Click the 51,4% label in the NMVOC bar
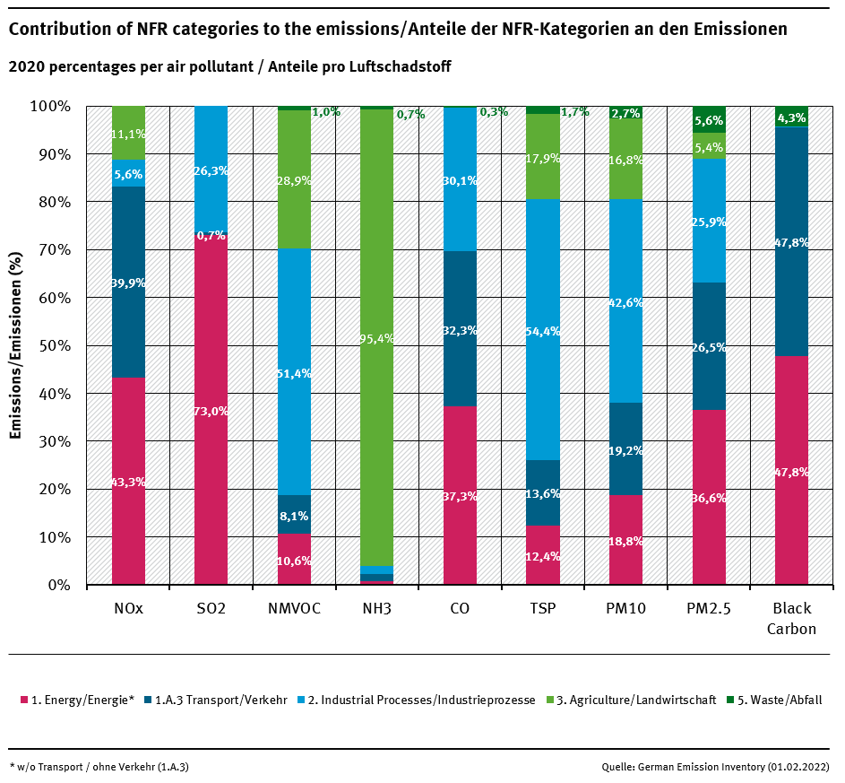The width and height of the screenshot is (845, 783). [294, 373]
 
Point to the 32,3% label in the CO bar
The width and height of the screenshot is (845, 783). [460, 331]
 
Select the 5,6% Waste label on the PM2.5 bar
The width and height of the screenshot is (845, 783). [709, 121]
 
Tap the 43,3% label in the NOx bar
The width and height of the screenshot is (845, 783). [128, 483]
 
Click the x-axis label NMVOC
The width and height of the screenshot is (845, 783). [294, 609]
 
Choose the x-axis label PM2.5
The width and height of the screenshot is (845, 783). [709, 609]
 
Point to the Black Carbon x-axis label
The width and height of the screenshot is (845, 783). [791, 619]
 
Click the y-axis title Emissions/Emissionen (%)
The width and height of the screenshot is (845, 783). [15, 346]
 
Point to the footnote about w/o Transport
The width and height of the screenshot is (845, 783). [99, 767]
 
